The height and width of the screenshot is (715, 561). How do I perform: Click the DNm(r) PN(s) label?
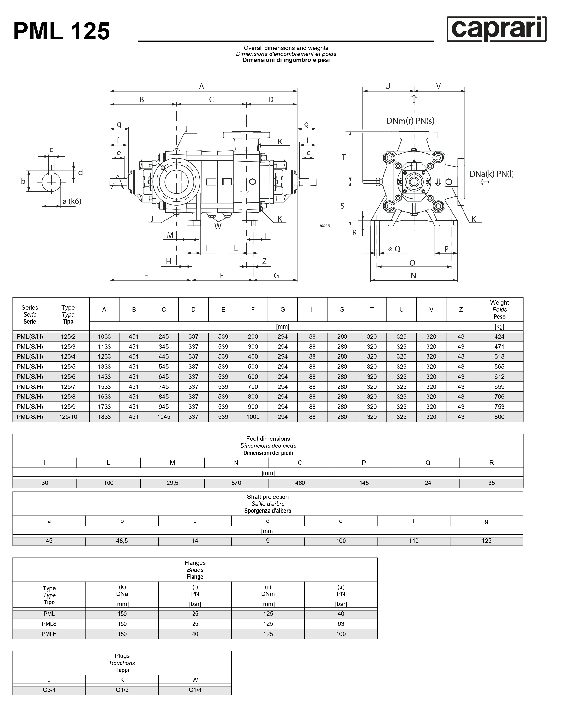[x=410, y=121]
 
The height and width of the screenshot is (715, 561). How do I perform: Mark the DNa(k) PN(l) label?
[x=491, y=174]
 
